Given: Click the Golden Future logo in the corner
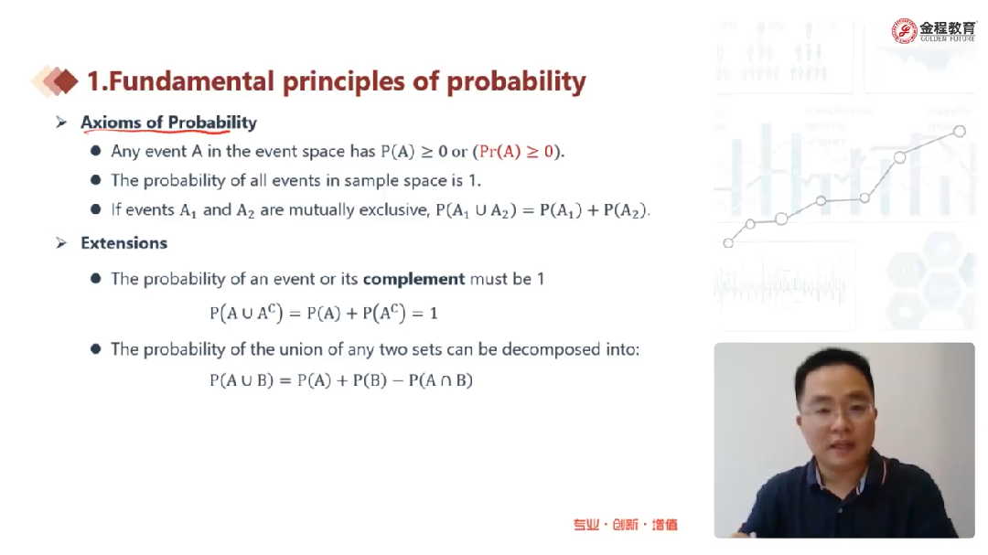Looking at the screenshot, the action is tap(934, 30).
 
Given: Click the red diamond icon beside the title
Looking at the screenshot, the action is tap(66, 81).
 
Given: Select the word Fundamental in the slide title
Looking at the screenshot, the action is tap(191, 81).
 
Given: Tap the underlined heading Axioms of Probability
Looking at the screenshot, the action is tap(169, 123).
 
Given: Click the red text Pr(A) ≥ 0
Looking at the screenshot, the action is tap(516, 151).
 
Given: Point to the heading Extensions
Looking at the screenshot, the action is tap(124, 243).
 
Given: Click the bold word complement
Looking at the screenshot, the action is tap(414, 279).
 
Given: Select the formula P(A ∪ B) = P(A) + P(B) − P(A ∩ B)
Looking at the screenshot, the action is tap(341, 380).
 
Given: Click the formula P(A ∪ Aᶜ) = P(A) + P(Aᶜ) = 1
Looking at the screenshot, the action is tap(323, 313).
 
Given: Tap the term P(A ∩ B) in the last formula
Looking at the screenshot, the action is tap(440, 380).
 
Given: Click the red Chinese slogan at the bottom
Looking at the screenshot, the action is tap(625, 525).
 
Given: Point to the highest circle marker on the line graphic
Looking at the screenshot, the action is tap(959, 131).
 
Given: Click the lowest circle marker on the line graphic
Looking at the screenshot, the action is tap(728, 243).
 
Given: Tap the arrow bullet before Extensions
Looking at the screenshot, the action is tap(61, 243).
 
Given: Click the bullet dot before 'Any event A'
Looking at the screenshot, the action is tap(96, 151).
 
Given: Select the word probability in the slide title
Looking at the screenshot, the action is tap(516, 82).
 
